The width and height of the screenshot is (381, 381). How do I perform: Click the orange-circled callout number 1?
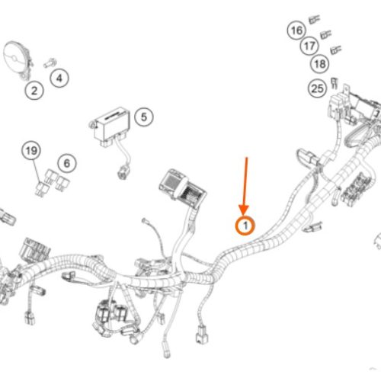click(245, 226)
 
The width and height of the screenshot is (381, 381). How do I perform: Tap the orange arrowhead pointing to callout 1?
click(244, 210)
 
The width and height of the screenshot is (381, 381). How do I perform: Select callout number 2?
click(34, 91)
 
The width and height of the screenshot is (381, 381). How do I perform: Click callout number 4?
click(59, 78)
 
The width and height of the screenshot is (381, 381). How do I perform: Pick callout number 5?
click(144, 117)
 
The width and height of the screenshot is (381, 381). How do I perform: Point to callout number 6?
click(67, 163)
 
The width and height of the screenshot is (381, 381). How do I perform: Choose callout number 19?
click(31, 151)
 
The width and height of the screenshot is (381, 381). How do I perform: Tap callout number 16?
click(296, 30)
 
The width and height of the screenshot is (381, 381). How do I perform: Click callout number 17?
click(309, 46)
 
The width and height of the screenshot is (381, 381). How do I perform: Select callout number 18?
click(320, 64)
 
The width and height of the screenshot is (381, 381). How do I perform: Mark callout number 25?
click(317, 88)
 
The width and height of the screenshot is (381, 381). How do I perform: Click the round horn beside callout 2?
click(18, 60)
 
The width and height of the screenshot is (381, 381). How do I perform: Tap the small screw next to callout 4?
click(50, 63)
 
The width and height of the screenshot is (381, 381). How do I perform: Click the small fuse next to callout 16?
click(315, 20)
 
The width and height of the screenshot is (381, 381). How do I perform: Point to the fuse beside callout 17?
click(325, 34)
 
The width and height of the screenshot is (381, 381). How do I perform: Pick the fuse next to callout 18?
click(336, 50)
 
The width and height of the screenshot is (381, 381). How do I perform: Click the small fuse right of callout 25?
click(335, 83)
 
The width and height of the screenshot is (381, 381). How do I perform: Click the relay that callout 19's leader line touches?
click(42, 189)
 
